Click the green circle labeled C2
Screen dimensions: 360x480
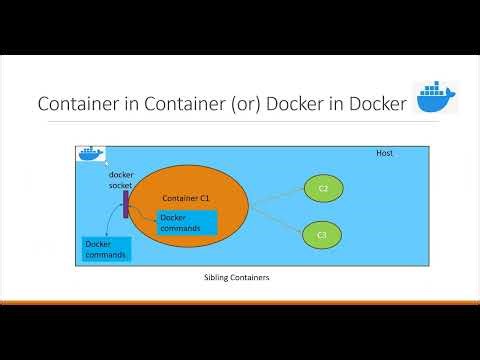tap(323, 188)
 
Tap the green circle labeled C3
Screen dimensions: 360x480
tap(321, 234)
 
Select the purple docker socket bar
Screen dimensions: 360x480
tap(126, 204)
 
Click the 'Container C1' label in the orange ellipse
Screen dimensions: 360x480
tap(185, 198)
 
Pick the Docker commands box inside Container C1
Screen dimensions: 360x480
tap(186, 223)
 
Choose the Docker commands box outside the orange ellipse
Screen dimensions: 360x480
tap(105, 249)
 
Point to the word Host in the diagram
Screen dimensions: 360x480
tap(384, 154)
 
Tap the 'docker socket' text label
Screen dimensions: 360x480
tap(121, 180)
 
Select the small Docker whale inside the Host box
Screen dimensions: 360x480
tap(90, 154)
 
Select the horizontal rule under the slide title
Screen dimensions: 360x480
tap(240, 123)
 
